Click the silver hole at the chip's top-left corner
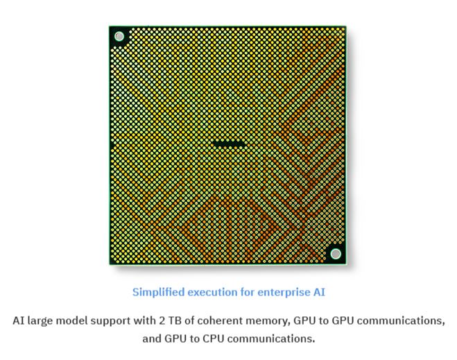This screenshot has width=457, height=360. pyautogui.click(x=119, y=37)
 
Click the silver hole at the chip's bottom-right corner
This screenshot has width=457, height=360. pyautogui.click(x=336, y=254)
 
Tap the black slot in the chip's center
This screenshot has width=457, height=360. pyautogui.click(x=229, y=143)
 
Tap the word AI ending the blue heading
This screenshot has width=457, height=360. pyautogui.click(x=319, y=292)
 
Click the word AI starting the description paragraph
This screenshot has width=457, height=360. pyautogui.click(x=18, y=320)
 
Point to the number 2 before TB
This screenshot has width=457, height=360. pyautogui.click(x=162, y=320)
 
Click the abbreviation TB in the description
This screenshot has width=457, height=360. pyautogui.click(x=175, y=320)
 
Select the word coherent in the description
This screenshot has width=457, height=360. pyautogui.click(x=219, y=320)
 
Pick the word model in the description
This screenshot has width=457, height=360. pyautogui.click(x=71, y=320)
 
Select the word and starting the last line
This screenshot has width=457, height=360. pyautogui.click(x=152, y=338)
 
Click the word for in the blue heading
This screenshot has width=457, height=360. pyautogui.click(x=248, y=292)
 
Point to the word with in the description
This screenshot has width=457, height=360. pyautogui.click(x=144, y=320)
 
